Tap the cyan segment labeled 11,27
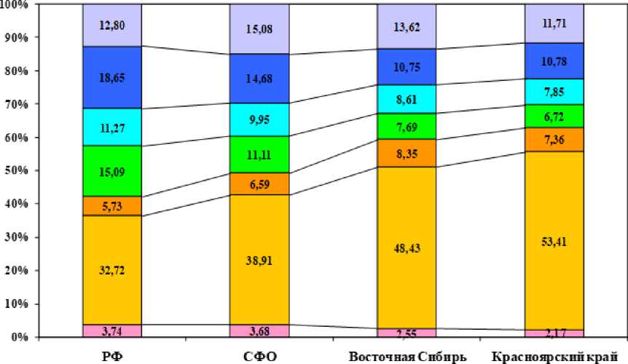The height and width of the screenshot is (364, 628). pyautogui.click(x=111, y=127)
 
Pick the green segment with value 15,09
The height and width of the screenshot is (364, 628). pyautogui.click(x=111, y=171)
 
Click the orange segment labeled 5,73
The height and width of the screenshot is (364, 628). pyautogui.click(x=111, y=206)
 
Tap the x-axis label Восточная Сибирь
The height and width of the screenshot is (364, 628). pyautogui.click(x=407, y=356)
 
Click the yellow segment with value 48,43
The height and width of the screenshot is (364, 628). pyautogui.click(x=407, y=248)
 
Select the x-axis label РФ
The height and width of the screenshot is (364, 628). pyautogui.click(x=111, y=356)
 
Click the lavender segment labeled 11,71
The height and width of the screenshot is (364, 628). pyautogui.click(x=554, y=23)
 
